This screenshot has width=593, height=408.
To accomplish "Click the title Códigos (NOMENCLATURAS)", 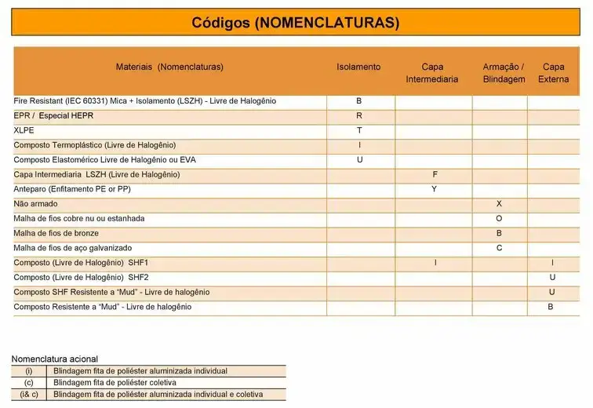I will (296, 22).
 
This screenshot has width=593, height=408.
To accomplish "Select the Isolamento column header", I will (358, 67).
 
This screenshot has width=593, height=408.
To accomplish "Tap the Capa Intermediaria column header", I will (432, 73).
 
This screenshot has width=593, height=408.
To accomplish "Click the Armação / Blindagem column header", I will (504, 73).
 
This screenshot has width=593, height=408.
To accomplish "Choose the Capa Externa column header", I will (553, 73).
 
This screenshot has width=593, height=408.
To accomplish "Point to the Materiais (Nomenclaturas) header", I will (169, 67).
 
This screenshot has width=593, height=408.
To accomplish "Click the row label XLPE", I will (24, 130).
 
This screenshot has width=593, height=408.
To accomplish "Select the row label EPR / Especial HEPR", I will (53, 116).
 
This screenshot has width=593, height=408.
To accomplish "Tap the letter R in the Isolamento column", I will (359, 116).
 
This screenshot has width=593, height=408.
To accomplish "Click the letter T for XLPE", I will (359, 130).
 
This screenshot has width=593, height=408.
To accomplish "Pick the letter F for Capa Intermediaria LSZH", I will (435, 174).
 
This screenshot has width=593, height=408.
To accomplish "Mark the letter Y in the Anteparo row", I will (435, 189).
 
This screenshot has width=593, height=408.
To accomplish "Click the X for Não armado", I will (499, 204).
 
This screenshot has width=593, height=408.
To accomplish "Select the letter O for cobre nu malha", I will (499, 218).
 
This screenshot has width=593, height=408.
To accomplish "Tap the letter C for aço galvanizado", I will (499, 248).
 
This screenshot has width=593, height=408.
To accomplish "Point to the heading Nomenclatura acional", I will (54, 359).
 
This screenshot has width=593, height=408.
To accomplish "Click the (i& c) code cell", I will (29, 394).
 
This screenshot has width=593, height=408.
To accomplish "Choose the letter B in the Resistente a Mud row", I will (551, 307).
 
